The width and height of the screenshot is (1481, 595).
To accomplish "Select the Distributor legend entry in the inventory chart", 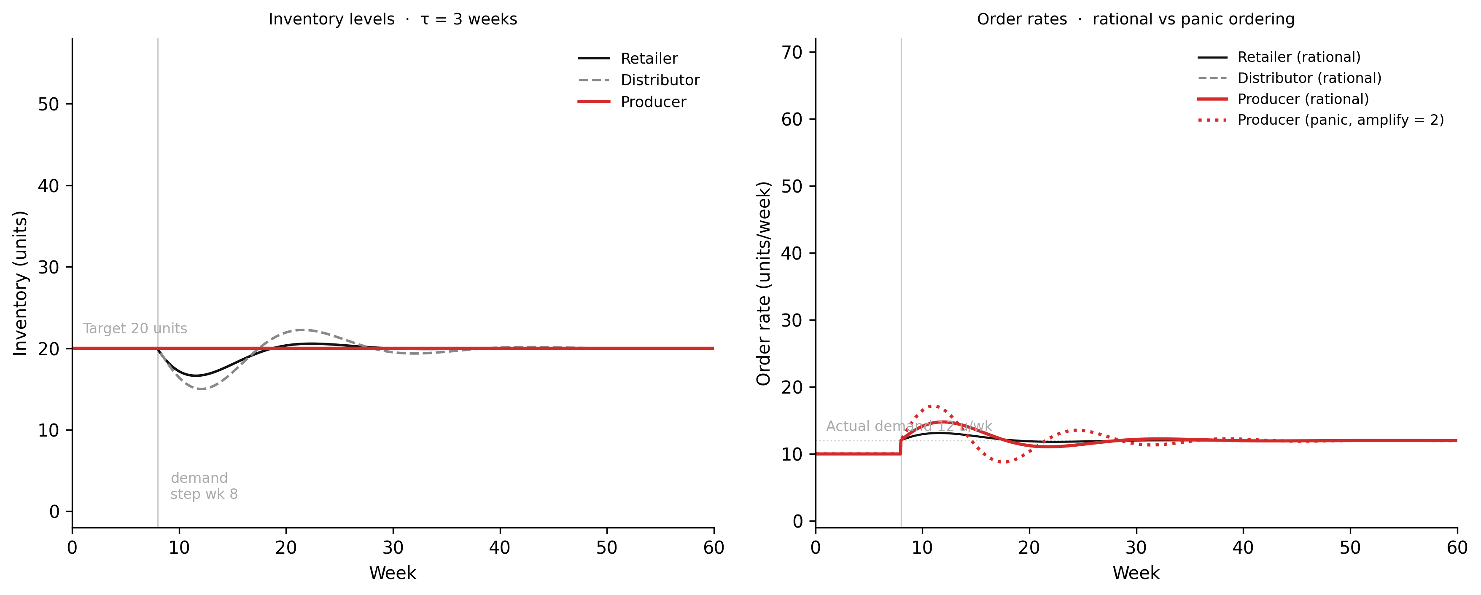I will [660, 80].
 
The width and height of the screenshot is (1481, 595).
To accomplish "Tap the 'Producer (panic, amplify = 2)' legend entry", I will [1340, 120].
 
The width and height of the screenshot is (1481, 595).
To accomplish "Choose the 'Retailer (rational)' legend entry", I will [1299, 57].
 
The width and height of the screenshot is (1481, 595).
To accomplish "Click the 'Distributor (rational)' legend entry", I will [1309, 78].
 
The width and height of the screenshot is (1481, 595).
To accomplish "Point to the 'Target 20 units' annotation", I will [135, 329].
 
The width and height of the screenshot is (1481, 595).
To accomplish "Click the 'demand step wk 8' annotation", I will [204, 486].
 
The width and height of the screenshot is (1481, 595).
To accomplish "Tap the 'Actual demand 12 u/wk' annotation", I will [909, 426].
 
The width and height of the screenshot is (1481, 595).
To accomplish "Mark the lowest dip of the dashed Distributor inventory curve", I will [201, 389].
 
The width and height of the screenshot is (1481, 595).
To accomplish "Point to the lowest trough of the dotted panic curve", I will [1003, 462].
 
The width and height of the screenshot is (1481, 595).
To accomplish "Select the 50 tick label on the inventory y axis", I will [48, 105].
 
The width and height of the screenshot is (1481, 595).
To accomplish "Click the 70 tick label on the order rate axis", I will [792, 52].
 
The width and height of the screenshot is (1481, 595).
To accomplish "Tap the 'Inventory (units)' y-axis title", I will [20, 283].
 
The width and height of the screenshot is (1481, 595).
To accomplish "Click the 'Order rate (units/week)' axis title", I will [764, 283].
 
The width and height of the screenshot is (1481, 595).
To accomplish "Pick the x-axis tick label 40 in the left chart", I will [500, 548].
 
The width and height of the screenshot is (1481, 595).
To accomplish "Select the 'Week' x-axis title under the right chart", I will [1136, 573].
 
